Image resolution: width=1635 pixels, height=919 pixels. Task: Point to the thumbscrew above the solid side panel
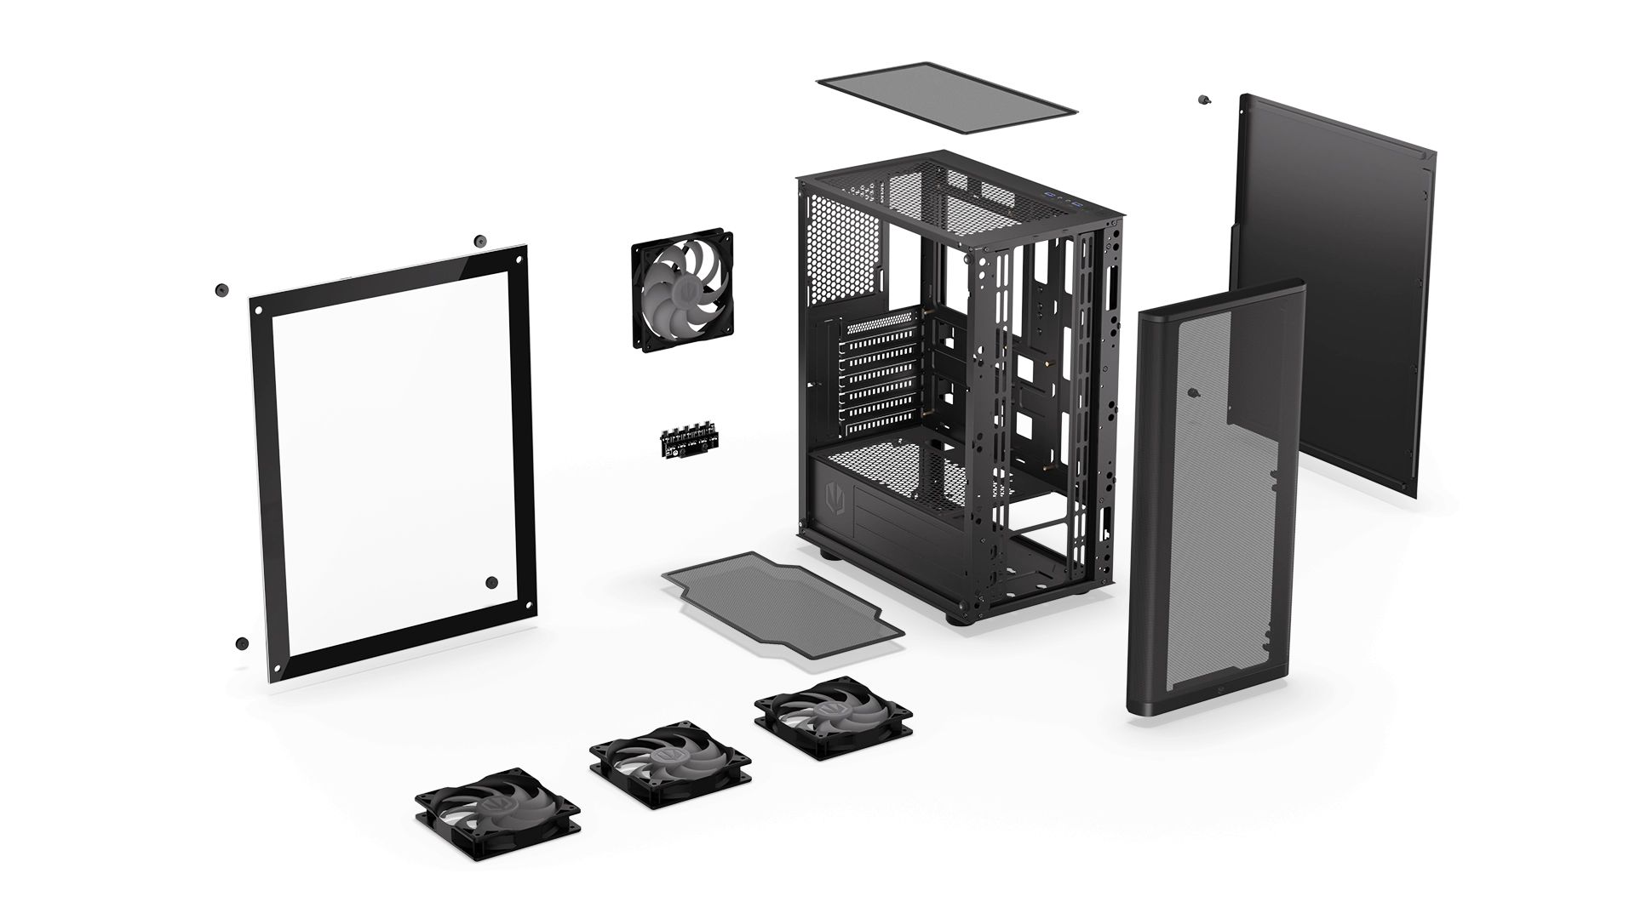1202,100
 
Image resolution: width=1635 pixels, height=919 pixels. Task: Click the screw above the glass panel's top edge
479,241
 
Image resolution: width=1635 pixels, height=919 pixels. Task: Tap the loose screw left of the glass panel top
222,289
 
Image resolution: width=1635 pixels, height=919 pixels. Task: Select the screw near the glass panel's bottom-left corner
242,642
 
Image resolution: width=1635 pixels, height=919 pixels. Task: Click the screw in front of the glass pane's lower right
491,582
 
